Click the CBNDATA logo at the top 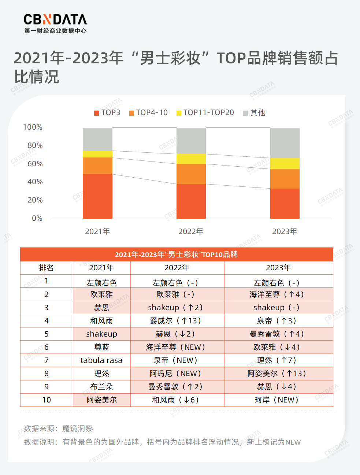(x=55, y=23)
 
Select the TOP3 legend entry (x=107, y=112)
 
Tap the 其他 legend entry (x=254, y=113)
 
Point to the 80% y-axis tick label (x=35, y=145)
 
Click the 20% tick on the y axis (x=35, y=200)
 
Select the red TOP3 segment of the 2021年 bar (x=97, y=196)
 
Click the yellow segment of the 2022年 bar (x=191, y=159)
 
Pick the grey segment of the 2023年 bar (x=285, y=143)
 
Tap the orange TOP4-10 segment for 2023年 (x=285, y=179)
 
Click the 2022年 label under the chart (x=191, y=231)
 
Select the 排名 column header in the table (x=47, y=268)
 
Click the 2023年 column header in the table (x=278, y=268)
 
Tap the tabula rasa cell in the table (x=101, y=360)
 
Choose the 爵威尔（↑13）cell (x=177, y=321)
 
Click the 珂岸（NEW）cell (x=278, y=400)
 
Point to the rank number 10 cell (x=47, y=400)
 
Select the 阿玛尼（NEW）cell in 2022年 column (x=177, y=374)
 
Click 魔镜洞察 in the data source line (x=78, y=428)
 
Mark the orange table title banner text (x=177, y=255)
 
